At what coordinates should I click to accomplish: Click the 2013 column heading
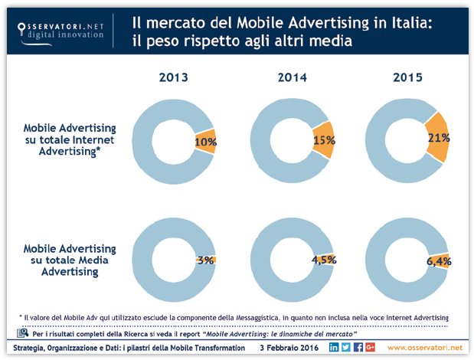[174, 77]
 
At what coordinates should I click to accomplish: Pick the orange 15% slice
[322, 140]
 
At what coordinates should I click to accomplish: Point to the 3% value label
[205, 260]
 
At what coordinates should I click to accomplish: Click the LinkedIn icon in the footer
[334, 348]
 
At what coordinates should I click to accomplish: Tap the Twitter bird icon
[346, 348]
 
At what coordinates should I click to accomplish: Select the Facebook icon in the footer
[358, 348]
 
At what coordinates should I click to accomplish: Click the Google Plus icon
[370, 348]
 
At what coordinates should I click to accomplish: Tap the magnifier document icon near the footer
[21, 332]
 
